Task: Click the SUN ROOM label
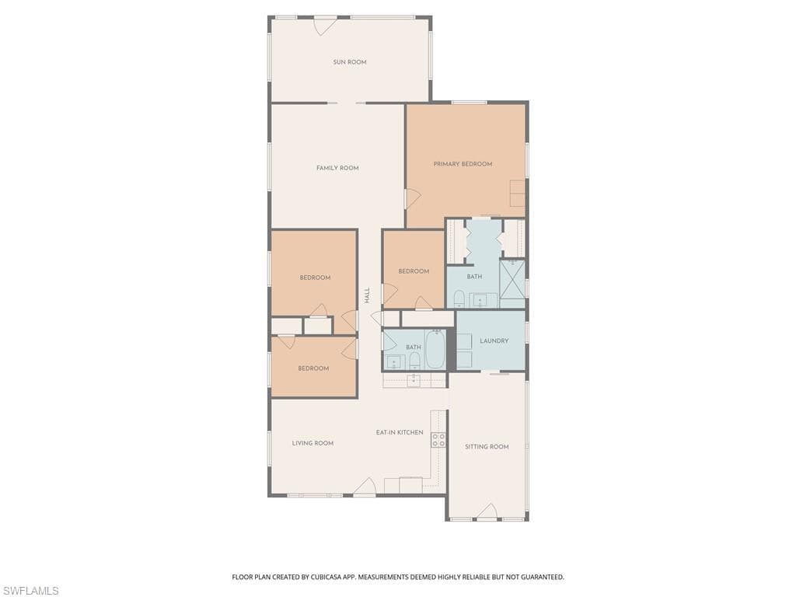point(350,62)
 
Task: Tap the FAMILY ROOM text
point(337,168)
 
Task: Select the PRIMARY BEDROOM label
point(463,164)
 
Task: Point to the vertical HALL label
point(367,295)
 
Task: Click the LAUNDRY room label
point(494,340)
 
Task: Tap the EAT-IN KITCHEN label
point(400,432)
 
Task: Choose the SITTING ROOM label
point(487,447)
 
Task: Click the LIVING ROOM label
point(312,443)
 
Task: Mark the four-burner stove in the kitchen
point(438,439)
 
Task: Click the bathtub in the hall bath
point(435,350)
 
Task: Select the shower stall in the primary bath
point(512,279)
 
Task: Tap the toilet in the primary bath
point(459,299)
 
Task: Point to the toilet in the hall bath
point(414,360)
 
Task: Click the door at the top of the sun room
point(324,25)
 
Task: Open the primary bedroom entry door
point(411,198)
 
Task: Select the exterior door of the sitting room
point(487,511)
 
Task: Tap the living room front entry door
point(365,487)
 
